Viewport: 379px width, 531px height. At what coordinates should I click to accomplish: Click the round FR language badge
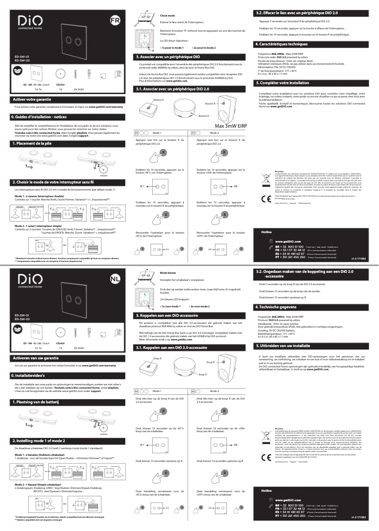click(114, 20)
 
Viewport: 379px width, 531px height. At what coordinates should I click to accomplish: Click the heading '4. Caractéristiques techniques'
click(282, 44)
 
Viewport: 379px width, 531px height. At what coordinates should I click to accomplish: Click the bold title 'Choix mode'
click(167, 16)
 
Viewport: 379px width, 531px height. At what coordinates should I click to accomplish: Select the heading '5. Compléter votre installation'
click(283, 83)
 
